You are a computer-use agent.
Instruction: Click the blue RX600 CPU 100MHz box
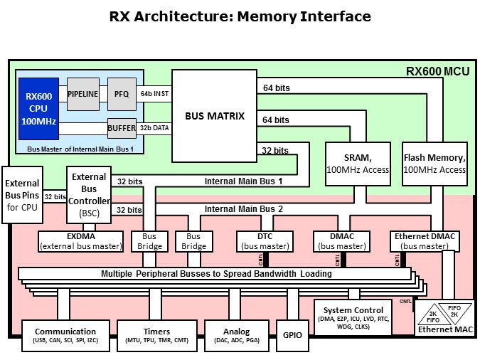(38, 109)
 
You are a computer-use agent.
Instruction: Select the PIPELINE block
(83, 94)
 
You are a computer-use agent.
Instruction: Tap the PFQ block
(122, 94)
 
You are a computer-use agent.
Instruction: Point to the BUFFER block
(122, 128)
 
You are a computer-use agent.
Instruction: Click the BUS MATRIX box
(214, 116)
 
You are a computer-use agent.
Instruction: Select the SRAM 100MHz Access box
(358, 164)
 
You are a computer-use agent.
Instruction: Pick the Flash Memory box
(434, 164)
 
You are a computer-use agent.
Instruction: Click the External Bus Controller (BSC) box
(89, 195)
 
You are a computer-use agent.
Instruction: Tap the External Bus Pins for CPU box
(22, 195)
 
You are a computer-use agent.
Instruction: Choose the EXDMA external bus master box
(81, 241)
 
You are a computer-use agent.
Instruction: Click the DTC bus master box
(265, 241)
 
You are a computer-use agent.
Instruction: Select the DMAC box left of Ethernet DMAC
(342, 241)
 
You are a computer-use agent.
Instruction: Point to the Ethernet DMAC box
(425, 241)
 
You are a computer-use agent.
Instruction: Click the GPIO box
(292, 336)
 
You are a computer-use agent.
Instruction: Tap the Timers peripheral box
(157, 336)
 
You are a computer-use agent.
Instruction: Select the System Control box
(353, 318)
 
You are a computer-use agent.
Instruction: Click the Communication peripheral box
(65, 336)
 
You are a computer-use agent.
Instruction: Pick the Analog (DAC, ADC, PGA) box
(237, 336)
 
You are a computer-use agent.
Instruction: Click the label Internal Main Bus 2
(244, 209)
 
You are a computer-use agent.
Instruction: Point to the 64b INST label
(154, 94)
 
